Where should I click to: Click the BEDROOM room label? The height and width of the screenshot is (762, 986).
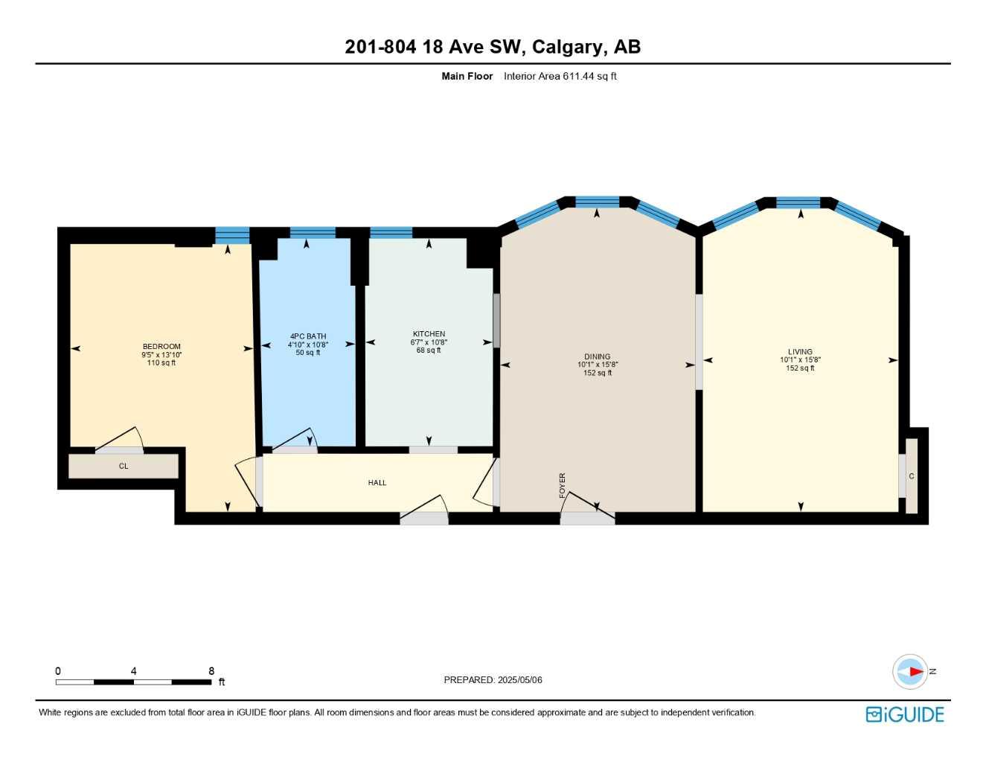[x=161, y=347]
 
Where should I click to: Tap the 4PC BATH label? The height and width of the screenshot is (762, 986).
[x=308, y=336]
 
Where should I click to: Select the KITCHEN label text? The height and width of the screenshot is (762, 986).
[x=429, y=334]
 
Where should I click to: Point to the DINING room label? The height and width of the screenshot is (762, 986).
[x=597, y=356]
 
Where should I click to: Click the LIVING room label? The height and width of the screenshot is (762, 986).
[x=800, y=352]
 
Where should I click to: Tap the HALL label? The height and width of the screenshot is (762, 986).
[x=377, y=483]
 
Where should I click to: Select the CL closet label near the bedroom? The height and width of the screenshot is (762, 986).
[x=124, y=467]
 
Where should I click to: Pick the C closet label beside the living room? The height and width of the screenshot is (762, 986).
[x=912, y=476]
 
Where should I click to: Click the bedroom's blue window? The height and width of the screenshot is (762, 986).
[x=232, y=235]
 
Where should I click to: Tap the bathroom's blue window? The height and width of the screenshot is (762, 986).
[x=313, y=233]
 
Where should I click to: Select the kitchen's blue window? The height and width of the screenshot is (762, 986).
[x=391, y=233]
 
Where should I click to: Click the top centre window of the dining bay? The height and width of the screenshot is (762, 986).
[x=598, y=202]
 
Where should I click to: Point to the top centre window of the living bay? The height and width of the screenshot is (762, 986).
[x=798, y=202]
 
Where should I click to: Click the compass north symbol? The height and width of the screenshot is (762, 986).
[x=911, y=671]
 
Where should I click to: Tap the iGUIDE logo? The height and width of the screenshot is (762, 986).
[x=905, y=714]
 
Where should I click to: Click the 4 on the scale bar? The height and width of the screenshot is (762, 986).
[x=134, y=671]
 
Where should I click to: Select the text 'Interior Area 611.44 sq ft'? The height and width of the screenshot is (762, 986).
[x=560, y=76]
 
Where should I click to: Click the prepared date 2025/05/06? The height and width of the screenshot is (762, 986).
[x=519, y=680]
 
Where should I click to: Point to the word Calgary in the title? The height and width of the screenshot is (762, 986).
[x=567, y=47]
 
